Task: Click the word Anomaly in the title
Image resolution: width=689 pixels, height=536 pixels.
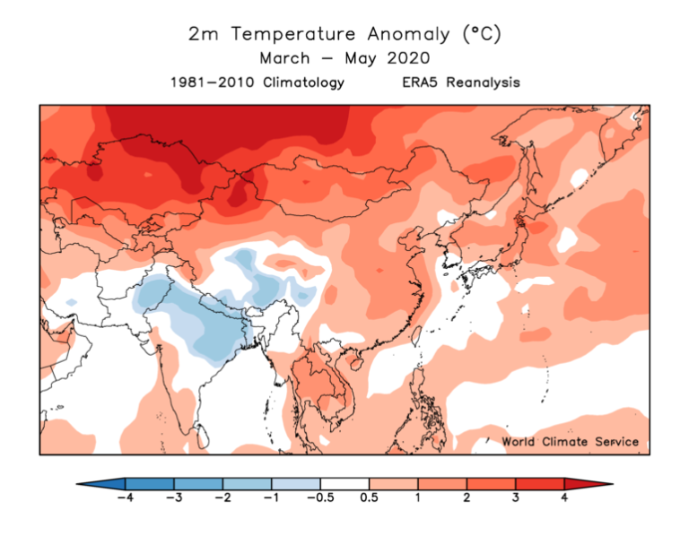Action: (x=407, y=34)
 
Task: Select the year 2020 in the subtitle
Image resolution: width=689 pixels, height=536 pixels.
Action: (x=407, y=58)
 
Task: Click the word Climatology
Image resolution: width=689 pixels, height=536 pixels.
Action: (x=301, y=82)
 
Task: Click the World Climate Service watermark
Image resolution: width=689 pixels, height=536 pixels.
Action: (x=571, y=442)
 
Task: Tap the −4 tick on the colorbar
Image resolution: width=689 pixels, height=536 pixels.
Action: (x=126, y=499)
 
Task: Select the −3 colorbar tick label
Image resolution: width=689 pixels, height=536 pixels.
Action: (x=174, y=499)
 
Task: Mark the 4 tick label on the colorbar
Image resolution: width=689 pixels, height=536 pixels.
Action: (x=564, y=499)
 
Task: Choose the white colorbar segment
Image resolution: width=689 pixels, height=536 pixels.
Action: (x=345, y=483)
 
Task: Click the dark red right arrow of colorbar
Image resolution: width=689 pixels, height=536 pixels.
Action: (x=589, y=483)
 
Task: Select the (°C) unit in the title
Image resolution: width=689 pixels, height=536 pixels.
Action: (x=481, y=34)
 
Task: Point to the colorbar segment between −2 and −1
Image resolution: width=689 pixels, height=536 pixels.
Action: (x=248, y=483)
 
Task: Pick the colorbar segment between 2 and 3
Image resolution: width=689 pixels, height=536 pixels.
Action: (x=492, y=483)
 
